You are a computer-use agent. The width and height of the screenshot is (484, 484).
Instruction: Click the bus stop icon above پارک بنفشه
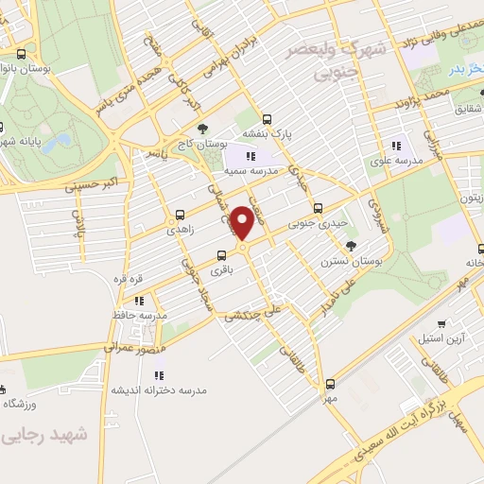click(268, 120)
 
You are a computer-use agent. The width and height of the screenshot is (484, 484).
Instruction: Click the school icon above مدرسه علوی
click(396, 146)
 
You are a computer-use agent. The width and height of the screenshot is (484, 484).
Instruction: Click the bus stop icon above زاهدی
click(180, 215)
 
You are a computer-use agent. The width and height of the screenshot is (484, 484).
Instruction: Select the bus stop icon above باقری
click(222, 255)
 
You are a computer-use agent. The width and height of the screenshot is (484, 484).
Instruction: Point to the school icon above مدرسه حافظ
click(139, 301)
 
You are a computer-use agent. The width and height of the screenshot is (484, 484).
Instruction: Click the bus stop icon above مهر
click(330, 384)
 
